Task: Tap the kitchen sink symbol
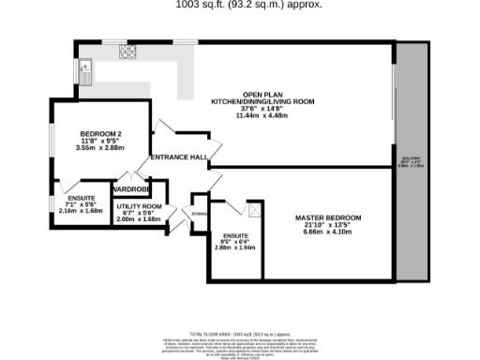(x=85, y=67)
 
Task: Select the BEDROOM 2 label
(x=99, y=132)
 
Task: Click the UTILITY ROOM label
(x=140, y=205)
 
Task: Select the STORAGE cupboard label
(x=199, y=215)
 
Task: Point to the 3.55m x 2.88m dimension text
(x=99, y=147)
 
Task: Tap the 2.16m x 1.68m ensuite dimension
(x=81, y=211)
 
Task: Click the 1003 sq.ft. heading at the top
(x=248, y=5)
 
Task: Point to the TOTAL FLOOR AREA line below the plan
(x=248, y=334)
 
